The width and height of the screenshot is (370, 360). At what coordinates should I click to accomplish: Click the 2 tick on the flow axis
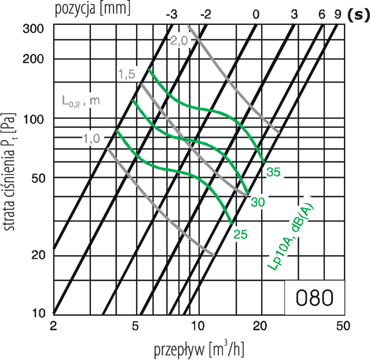pos(54,326)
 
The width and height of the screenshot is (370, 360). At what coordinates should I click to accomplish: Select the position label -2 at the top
pos(205,14)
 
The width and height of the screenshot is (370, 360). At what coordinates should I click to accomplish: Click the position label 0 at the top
pos(256,14)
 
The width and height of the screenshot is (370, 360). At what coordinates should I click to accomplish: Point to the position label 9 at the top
pos(337,14)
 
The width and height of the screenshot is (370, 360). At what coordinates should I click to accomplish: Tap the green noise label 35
pos(273,172)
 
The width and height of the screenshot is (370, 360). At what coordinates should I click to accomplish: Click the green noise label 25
pos(240,235)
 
